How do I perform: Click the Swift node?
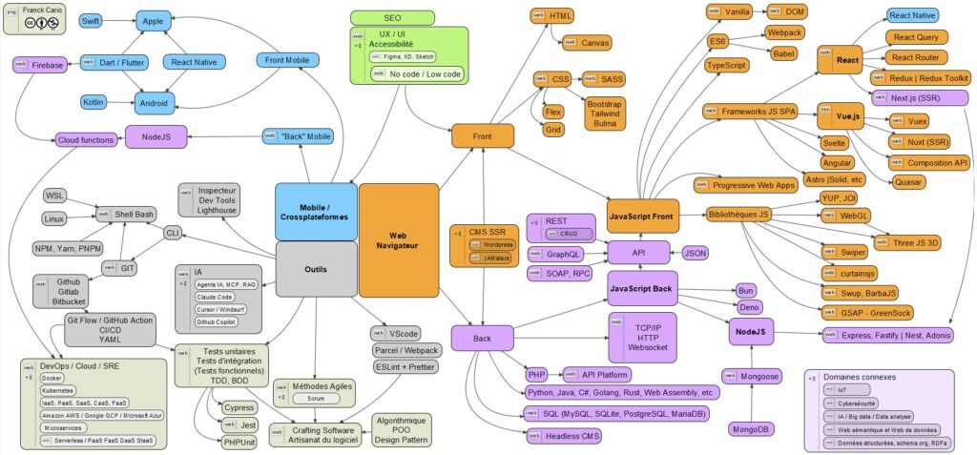[91, 20]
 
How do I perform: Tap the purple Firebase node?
[40, 65]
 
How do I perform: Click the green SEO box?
[392, 16]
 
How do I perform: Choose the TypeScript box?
[726, 66]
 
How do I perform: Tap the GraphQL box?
[557, 255]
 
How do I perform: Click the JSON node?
[696, 253]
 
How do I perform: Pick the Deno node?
[750, 307]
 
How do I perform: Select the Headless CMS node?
[571, 436]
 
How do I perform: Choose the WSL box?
[54, 196]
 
